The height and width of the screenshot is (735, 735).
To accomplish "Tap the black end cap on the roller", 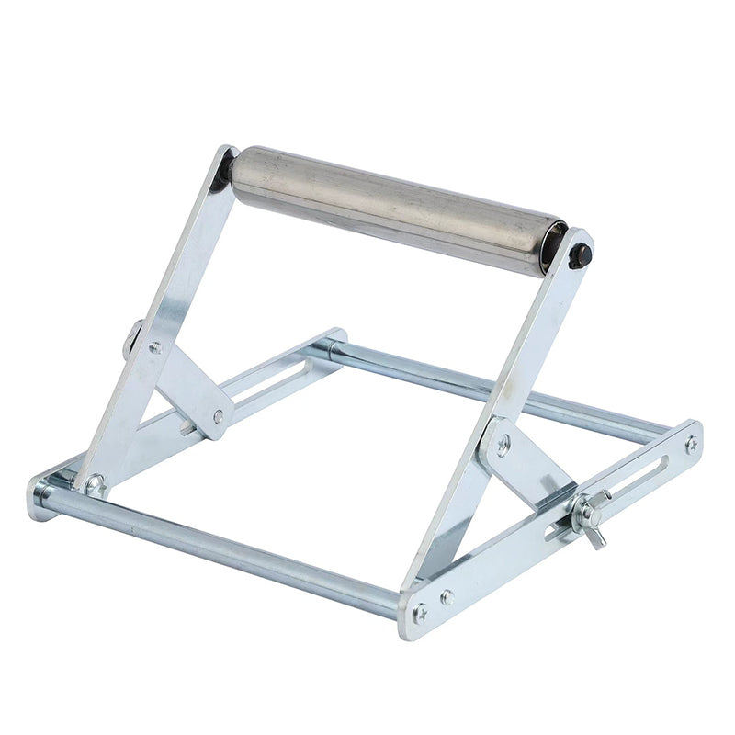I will coord(579,256).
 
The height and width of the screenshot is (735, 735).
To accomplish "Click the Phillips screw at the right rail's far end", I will coord(690,444).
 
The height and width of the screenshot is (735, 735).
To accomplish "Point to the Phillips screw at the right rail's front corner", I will coord(420,613).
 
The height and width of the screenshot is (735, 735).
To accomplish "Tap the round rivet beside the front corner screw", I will coord(447,596).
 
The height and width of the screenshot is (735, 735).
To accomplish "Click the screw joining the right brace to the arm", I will coord(503,444).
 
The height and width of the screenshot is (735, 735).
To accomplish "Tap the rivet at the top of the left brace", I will coord(155,348).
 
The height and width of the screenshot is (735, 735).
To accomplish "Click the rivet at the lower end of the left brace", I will coord(219,416).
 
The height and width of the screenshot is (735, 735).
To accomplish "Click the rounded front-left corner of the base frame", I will coord(40,496).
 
